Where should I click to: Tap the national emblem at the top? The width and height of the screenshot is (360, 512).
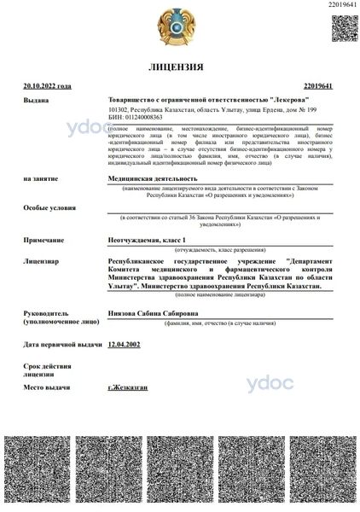[x=181, y=28]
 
